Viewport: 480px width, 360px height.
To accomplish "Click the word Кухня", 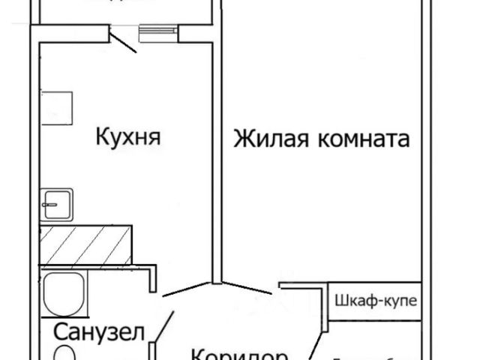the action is pyautogui.click(x=129, y=138).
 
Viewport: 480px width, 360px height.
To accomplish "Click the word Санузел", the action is pyautogui.click(x=97, y=332).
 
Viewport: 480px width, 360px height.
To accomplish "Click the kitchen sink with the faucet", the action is pyautogui.click(x=58, y=202).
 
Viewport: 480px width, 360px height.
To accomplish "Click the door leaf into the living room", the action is pyautogui.click(x=244, y=289).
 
